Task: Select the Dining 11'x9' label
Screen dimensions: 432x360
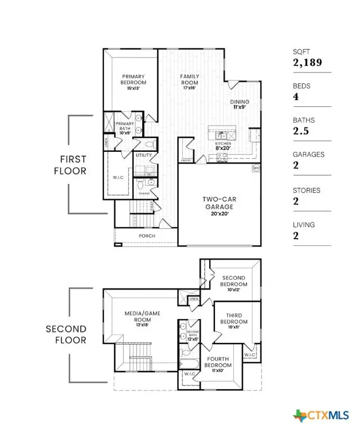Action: click(240, 105)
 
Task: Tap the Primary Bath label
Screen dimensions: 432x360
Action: click(124, 127)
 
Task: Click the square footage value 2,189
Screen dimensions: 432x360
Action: click(307, 62)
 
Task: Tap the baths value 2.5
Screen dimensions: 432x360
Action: click(300, 131)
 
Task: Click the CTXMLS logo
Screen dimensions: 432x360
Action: click(325, 415)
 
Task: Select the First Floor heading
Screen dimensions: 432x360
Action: click(70, 165)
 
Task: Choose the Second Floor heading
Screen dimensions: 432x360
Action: click(66, 334)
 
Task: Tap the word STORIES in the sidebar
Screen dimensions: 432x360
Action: click(307, 191)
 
